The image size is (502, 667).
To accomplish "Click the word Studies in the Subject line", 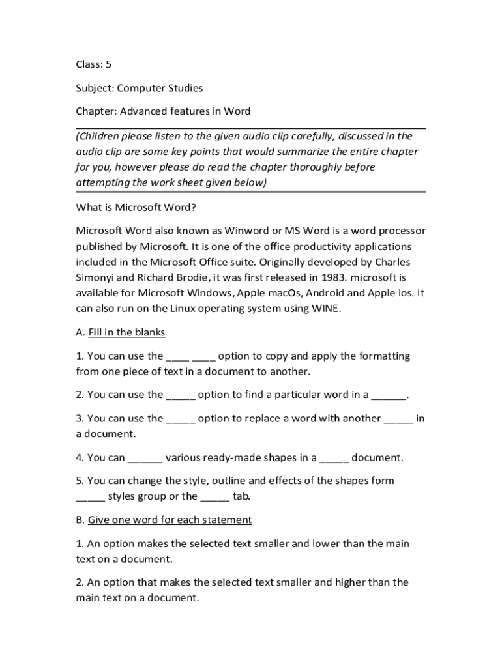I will pyautogui.click(x=183, y=88).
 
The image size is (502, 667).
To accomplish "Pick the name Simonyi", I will pyautogui.click(x=96, y=277).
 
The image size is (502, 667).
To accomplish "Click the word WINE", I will pyautogui.click(x=326, y=309).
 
